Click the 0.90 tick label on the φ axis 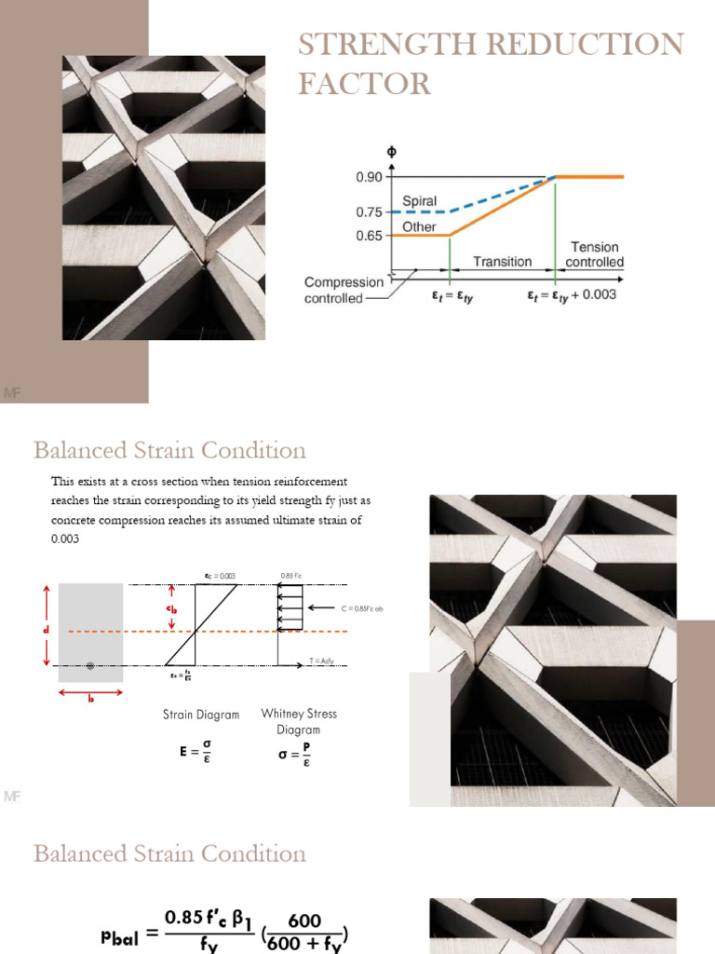(x=371, y=176)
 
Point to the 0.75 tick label (x=371, y=212)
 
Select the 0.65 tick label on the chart (x=371, y=236)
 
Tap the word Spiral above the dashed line (x=420, y=200)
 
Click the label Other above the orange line (x=419, y=226)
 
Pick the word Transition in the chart (x=502, y=262)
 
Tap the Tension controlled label (x=595, y=254)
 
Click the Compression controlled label (x=344, y=290)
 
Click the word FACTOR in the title (x=364, y=84)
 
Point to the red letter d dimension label (x=44, y=630)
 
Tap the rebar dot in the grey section (x=90, y=665)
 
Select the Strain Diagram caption (x=201, y=715)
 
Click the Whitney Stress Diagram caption (x=299, y=721)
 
